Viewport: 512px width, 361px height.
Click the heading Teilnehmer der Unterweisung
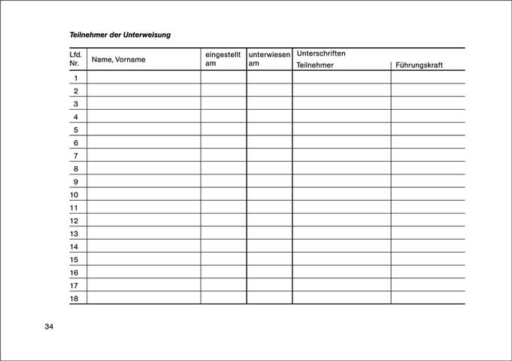click(120, 35)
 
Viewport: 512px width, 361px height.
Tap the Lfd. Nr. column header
click(75, 59)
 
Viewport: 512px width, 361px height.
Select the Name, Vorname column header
click(118, 59)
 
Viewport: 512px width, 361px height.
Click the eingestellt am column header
click(223, 59)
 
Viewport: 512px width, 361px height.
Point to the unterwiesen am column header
click(269, 59)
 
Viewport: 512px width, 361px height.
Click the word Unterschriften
click(321, 53)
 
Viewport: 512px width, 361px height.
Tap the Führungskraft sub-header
click(419, 65)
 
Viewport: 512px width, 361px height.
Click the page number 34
click(49, 326)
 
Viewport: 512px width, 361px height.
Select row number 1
click(75, 77)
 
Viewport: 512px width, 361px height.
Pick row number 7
click(75, 156)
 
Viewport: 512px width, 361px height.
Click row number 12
click(74, 220)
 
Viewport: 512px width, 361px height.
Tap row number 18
click(74, 299)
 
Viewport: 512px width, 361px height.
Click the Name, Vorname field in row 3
click(144, 104)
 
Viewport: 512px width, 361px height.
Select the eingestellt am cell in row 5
click(223, 129)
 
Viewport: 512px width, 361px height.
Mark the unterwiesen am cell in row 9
click(269, 181)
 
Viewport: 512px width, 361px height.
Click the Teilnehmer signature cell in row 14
click(341, 247)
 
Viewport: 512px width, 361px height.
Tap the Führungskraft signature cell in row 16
click(428, 272)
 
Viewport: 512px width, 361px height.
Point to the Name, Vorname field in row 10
click(144, 195)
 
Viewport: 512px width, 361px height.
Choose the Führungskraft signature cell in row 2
click(428, 90)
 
